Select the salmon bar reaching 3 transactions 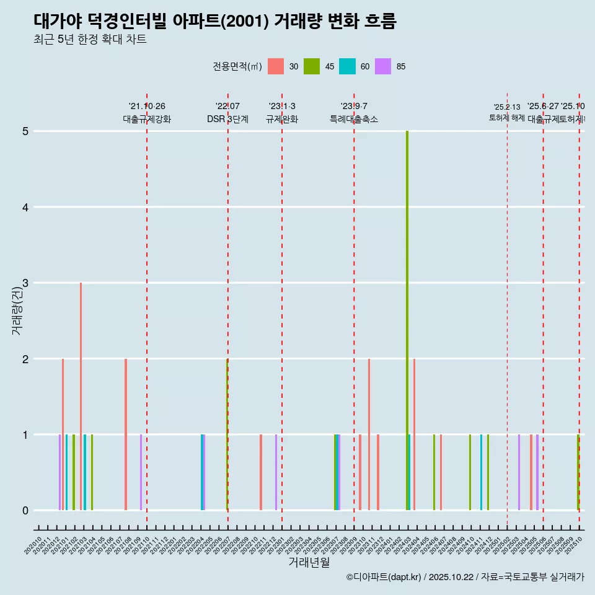tap(81, 397)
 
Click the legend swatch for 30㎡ tap(276, 66)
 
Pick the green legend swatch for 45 tap(312, 66)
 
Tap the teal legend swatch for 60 tap(347, 66)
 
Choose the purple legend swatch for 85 tap(383, 66)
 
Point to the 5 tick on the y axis tap(25, 131)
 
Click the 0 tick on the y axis tap(25, 511)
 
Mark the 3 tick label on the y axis tap(25, 283)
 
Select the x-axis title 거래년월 tap(309, 562)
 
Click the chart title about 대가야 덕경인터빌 tap(214, 22)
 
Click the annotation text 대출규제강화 tap(147, 119)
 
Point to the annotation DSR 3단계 tap(228, 119)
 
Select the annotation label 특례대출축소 tap(354, 119)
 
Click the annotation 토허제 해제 tap(507, 118)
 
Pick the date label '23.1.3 tap(282, 107)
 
